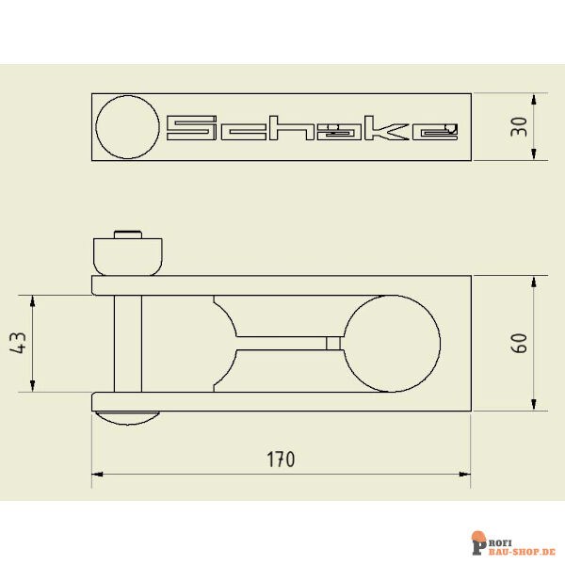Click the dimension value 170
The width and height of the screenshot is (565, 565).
tap(280, 460)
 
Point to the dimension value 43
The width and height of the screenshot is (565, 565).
tap(18, 344)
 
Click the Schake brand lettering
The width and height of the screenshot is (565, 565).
tap(312, 129)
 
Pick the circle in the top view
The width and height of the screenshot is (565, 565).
tap(128, 127)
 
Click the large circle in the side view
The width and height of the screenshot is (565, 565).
tap(392, 343)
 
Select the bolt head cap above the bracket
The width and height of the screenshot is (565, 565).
tap(127, 255)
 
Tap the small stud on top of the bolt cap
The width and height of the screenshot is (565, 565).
tap(127, 233)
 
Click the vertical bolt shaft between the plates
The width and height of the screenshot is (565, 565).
tap(127, 343)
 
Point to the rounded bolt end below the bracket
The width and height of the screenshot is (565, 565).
tap(130, 417)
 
